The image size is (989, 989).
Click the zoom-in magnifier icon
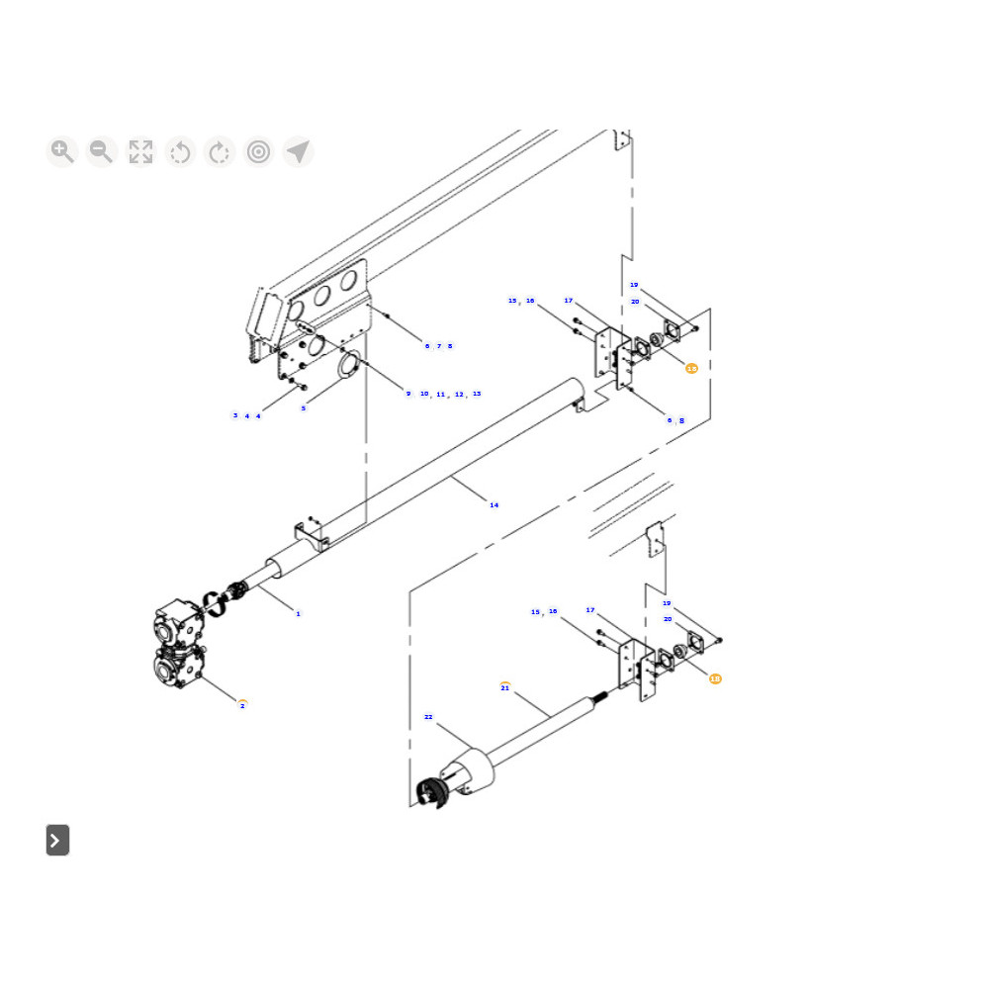click(61, 151)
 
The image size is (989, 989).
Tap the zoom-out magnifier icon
click(101, 151)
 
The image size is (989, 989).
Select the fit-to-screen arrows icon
click(140, 151)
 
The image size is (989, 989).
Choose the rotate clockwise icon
click(220, 151)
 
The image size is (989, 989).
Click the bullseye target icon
click(259, 151)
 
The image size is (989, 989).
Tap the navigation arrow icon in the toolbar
click(298, 151)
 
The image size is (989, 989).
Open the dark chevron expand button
click(57, 840)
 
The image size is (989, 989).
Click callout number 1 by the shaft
click(298, 614)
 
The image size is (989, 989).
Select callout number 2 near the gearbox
click(242, 705)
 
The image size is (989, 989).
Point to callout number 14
click(494, 505)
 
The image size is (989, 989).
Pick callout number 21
click(505, 687)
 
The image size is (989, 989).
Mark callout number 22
click(428, 717)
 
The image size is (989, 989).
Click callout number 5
click(304, 408)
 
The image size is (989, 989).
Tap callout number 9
click(407, 394)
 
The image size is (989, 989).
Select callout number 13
click(477, 394)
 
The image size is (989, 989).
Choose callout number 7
click(438, 346)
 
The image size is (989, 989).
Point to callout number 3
click(234, 416)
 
